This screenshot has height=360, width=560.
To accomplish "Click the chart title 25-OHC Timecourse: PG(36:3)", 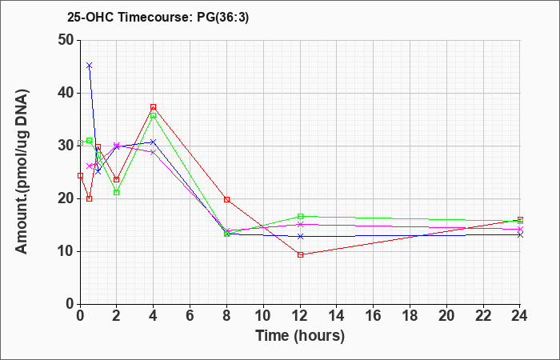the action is click(x=158, y=17).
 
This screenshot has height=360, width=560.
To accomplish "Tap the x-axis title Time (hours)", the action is click(x=300, y=336).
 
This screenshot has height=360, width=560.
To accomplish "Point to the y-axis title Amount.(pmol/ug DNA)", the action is click(x=22, y=172).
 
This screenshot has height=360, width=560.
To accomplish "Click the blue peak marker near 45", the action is click(x=90, y=66).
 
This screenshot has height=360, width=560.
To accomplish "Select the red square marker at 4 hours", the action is click(x=154, y=107).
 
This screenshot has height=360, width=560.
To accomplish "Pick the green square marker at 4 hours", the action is click(x=154, y=116).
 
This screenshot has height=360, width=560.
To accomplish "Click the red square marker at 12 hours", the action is click(x=300, y=254).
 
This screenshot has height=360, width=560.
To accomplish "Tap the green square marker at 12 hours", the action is click(x=300, y=217).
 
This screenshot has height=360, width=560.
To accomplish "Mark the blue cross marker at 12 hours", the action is click(x=300, y=237).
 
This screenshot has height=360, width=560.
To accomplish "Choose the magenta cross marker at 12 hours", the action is click(x=300, y=224).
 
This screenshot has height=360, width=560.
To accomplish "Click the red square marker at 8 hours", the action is click(x=226, y=200).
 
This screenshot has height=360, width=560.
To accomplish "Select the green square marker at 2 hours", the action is click(x=117, y=193).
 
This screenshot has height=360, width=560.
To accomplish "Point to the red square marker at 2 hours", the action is click(x=117, y=180).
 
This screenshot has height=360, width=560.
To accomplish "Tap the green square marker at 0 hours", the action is click(x=80, y=143).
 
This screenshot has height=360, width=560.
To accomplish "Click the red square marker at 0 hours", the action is click(x=80, y=176).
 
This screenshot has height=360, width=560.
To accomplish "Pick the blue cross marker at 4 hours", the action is click(x=154, y=142).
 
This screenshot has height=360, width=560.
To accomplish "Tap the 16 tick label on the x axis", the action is click(x=374, y=315).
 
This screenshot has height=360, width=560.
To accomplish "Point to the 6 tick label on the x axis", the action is click(x=190, y=315).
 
